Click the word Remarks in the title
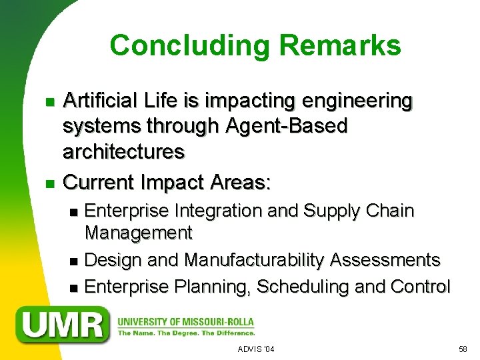(x=341, y=46)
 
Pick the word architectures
(x=123, y=151)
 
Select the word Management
(x=139, y=233)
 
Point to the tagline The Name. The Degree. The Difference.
(x=186, y=333)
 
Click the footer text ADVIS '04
(x=256, y=349)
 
